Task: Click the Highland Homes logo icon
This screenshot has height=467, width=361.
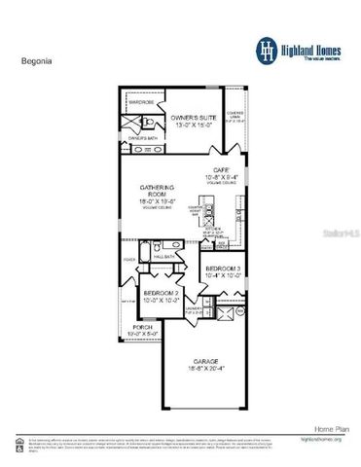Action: point(267,48)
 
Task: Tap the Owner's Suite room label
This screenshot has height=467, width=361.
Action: point(193,120)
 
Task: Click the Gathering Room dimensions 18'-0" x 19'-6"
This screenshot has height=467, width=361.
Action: point(154,201)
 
